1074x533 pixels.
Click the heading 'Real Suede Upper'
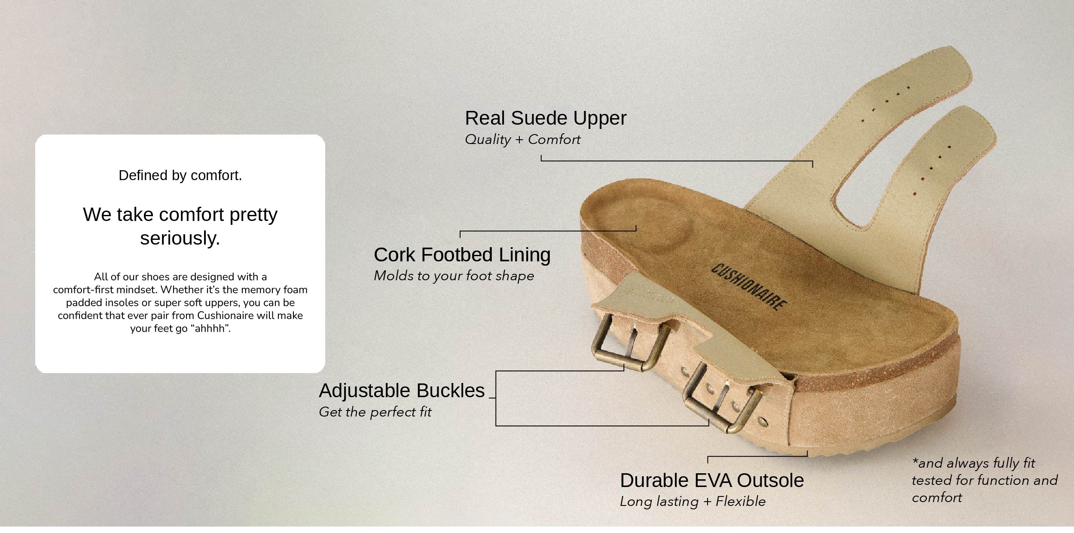[x=546, y=119]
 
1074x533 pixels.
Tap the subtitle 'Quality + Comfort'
[x=522, y=139]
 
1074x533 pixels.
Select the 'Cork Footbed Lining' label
[x=462, y=255]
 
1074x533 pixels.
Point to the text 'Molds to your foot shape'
[x=454, y=276]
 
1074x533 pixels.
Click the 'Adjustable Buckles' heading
[x=402, y=391]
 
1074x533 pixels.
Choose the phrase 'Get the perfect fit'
[x=375, y=412]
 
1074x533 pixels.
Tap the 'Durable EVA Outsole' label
[x=712, y=481]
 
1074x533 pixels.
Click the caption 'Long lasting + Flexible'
[x=693, y=501]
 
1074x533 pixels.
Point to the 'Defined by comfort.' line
[x=180, y=175]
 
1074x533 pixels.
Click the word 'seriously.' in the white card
[x=180, y=239]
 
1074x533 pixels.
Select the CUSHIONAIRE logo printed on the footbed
[x=749, y=287]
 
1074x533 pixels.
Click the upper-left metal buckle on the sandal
[x=630, y=346]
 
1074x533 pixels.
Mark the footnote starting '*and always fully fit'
[x=984, y=480]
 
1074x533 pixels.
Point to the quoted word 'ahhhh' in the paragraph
[x=210, y=328]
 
